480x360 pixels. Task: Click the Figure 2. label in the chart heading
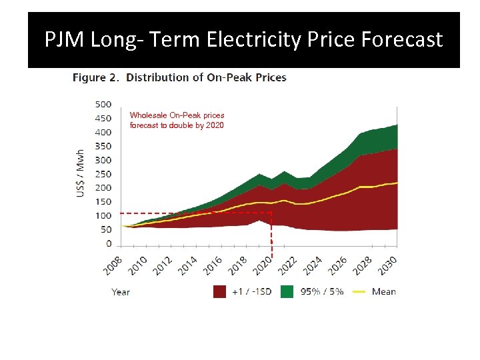point(96,77)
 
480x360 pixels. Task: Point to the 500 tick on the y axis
point(103,104)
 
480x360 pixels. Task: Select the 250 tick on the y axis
point(103,174)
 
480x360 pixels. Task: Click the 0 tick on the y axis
point(109,244)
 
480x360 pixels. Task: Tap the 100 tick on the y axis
point(103,216)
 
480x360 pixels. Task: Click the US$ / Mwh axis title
point(81,173)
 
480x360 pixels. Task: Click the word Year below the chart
point(121,291)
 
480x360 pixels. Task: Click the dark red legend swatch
point(219,291)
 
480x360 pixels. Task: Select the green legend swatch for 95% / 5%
point(287,291)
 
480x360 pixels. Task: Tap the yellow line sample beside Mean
point(359,291)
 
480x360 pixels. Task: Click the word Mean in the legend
point(384,291)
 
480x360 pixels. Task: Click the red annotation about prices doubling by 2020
point(177,120)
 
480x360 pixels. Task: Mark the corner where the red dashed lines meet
point(272,213)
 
